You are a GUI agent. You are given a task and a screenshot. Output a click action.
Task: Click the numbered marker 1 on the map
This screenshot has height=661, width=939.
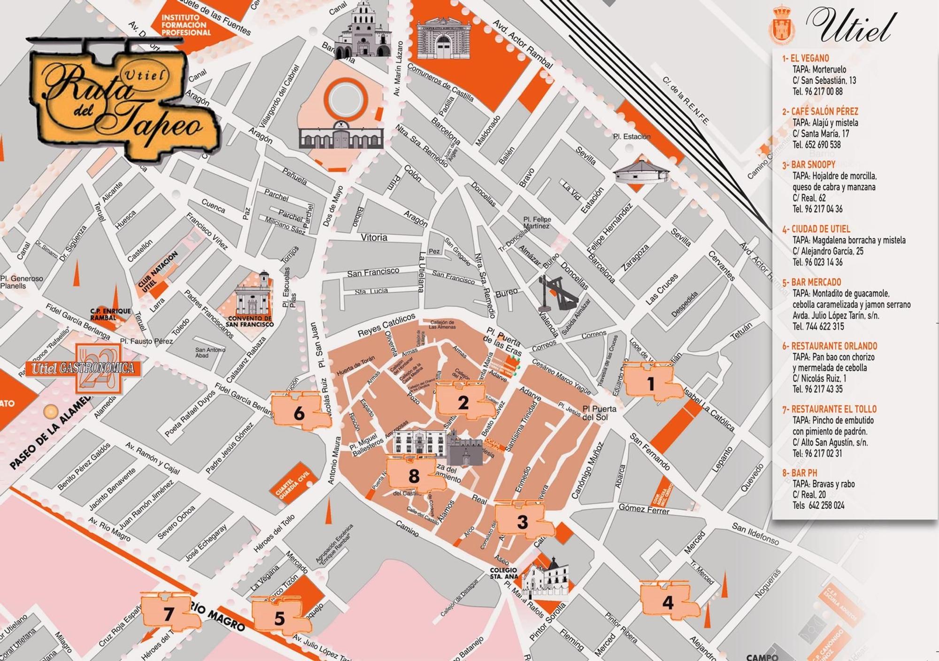tap(651, 384)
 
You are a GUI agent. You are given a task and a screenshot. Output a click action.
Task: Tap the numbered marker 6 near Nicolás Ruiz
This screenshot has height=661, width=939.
tap(299, 413)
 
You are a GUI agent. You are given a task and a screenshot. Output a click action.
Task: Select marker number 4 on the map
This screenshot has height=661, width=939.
tap(668, 602)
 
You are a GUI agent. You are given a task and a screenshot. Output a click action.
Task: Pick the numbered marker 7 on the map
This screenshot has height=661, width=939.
tap(169, 614)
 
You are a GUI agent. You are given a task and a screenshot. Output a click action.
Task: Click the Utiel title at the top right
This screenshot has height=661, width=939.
tap(850, 26)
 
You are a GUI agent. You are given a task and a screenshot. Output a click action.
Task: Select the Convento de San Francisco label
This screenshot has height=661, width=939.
tap(249, 321)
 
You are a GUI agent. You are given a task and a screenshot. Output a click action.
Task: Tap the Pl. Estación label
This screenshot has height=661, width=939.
tap(631, 137)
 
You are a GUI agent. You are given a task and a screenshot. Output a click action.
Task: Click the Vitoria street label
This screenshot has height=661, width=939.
tap(374, 237)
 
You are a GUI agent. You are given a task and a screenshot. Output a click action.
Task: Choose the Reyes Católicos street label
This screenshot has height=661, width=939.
tap(386, 325)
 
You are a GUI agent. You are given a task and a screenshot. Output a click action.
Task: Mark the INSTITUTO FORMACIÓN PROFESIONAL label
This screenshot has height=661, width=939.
tap(186, 25)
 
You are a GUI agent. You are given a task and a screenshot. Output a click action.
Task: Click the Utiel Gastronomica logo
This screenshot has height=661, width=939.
tap(83, 368)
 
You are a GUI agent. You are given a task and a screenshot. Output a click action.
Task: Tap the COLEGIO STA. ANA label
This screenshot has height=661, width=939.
tap(504, 573)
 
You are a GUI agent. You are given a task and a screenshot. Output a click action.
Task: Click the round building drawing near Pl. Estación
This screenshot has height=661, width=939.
tap(641, 172)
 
